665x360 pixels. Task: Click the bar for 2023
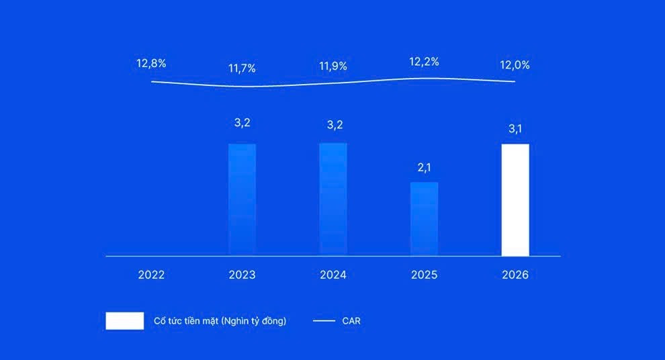point(242,199)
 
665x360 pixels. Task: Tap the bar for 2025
point(424,219)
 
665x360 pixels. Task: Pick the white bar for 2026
point(515,199)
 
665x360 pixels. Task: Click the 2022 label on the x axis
point(151,275)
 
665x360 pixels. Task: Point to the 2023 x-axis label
point(242,275)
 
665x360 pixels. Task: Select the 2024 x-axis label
point(333,275)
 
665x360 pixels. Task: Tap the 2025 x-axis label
point(424,275)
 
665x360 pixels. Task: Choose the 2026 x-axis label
point(515,275)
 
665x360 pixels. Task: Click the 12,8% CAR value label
point(151,64)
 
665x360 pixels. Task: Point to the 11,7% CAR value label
point(242,68)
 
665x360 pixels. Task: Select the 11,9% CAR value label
point(333,66)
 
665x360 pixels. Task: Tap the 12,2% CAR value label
point(424,62)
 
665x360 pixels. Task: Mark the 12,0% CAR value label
point(515,65)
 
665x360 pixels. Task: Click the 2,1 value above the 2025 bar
point(424,168)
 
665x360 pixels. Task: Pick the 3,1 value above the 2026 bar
point(515,129)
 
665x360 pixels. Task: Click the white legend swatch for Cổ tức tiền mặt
point(124,321)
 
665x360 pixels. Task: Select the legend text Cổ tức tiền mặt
point(220,321)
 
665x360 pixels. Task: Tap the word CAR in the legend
point(351,321)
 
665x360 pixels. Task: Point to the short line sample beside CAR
point(324,321)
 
